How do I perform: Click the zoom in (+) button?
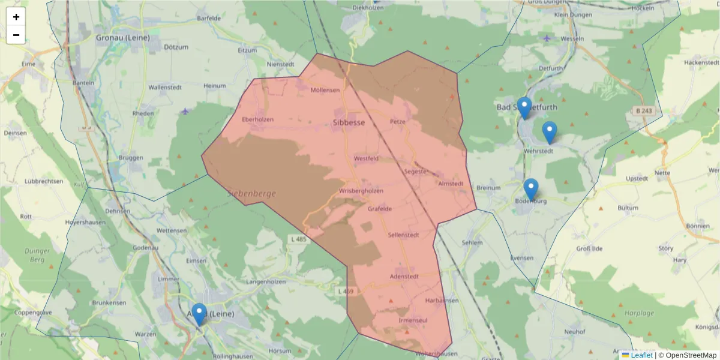16,17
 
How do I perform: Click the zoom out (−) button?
16,35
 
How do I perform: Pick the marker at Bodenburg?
530,190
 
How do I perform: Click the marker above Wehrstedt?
549,133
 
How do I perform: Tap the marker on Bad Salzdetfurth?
524,108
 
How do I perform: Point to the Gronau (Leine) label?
122,37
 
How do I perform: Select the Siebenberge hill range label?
251,194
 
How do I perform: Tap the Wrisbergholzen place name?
361,191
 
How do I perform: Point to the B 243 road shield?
644,111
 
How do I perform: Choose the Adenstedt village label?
404,277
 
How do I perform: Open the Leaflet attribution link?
641,355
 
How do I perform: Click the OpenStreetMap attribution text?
687,355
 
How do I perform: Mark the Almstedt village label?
451,184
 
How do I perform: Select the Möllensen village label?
325,90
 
